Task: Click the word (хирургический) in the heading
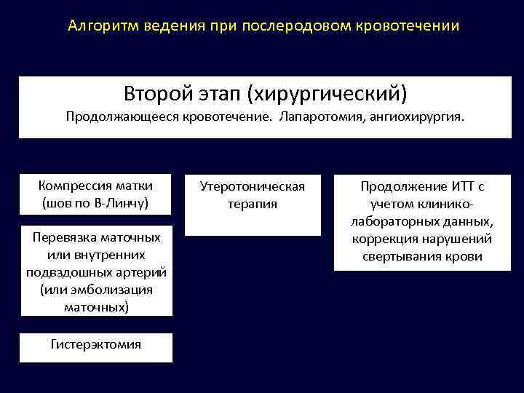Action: point(327,94)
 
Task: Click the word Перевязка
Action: point(66,237)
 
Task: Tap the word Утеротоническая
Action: point(252,186)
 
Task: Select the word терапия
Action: point(252,204)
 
